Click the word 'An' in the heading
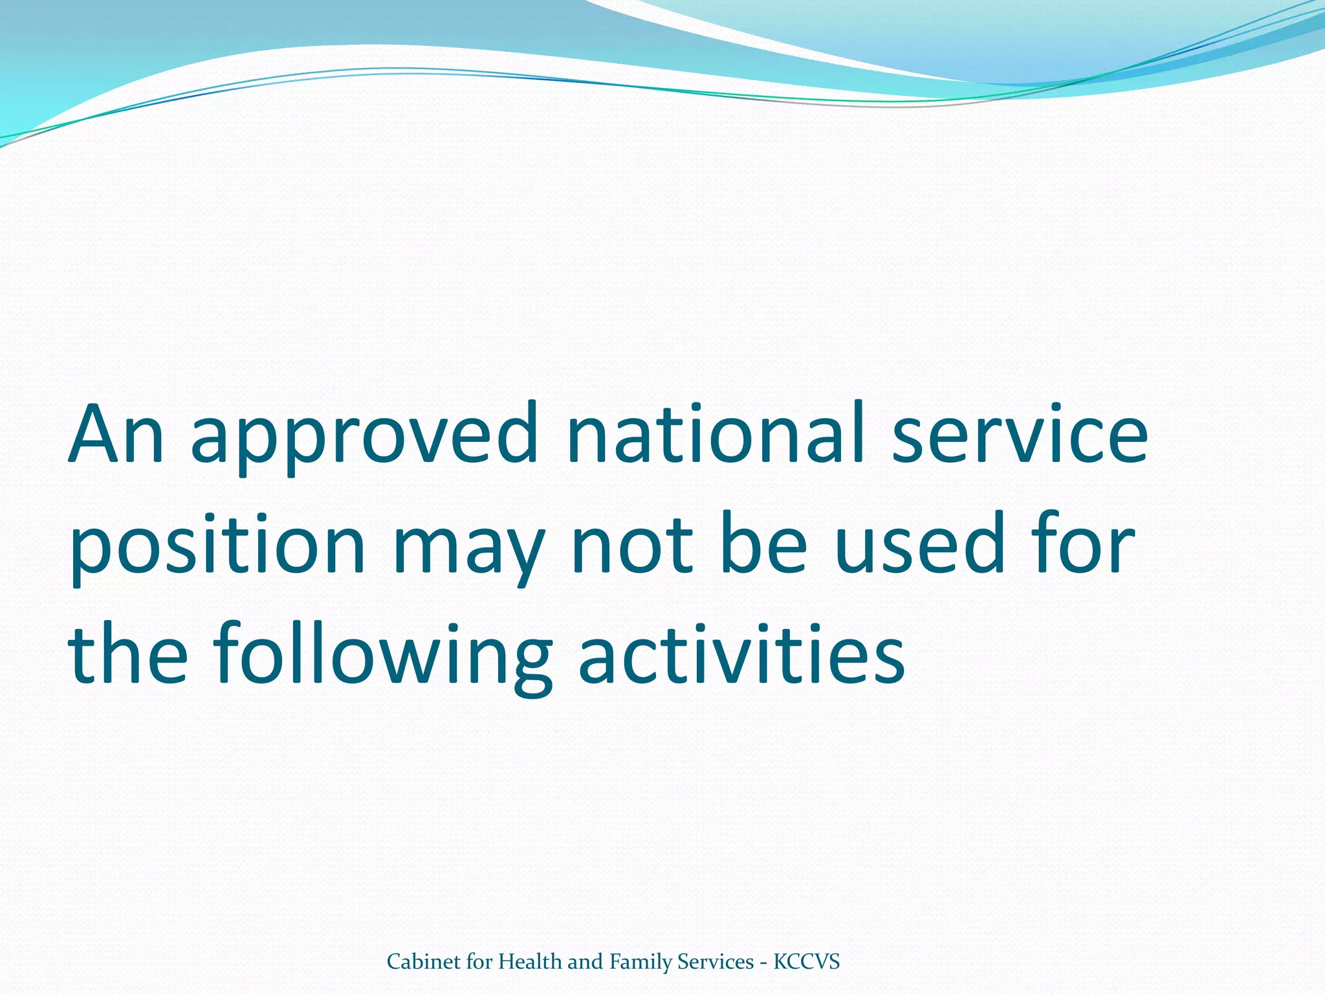click(116, 435)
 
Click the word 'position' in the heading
click(217, 546)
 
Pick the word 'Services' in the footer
click(716, 962)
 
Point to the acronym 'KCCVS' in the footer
click(807, 962)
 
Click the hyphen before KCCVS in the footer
click(764, 964)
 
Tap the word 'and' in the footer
click(586, 962)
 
